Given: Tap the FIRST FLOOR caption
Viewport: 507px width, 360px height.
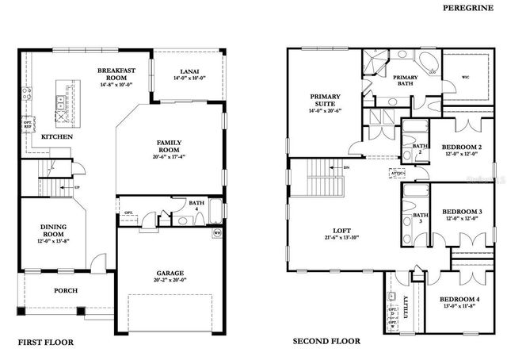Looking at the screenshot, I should click(x=45, y=343).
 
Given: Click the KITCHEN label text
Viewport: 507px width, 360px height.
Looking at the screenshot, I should click(x=58, y=137).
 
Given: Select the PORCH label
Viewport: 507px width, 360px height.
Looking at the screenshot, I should click(x=66, y=291).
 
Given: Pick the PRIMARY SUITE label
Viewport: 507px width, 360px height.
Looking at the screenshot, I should click(x=325, y=101).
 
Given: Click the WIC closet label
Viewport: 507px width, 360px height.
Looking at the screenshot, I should click(x=464, y=78).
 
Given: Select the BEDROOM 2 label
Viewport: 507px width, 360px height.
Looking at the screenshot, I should click(x=462, y=147).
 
